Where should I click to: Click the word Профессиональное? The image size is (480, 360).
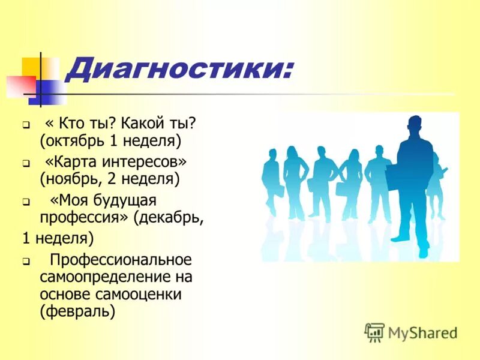coord(121,260)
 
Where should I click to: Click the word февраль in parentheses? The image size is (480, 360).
coord(77,312)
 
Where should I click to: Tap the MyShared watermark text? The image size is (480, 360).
coord(422,332)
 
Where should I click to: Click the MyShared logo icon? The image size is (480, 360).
coord(374,332)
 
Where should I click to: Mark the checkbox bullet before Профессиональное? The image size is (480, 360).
coord(26,262)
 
